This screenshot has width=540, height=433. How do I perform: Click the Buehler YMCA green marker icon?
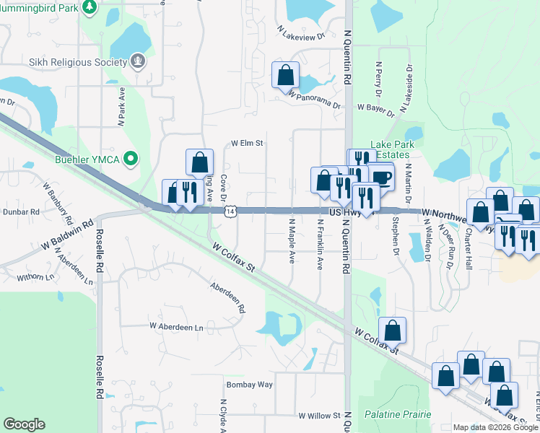[x=130, y=158]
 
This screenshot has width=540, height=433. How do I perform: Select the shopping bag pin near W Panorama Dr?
[x=285, y=74]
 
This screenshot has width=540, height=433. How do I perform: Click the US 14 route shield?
[x=230, y=211]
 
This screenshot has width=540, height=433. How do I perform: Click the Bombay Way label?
[x=249, y=385]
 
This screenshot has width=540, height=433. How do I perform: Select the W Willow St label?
[x=319, y=416]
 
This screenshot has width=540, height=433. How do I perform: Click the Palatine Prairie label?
[x=398, y=414]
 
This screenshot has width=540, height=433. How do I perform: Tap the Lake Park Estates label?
[x=391, y=149]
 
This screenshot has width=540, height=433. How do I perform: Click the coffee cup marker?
[x=380, y=176]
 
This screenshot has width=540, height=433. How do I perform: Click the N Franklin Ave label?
[x=319, y=245]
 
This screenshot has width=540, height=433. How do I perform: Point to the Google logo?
[x=24, y=424]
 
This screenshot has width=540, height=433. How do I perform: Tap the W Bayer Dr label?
[x=377, y=110]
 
